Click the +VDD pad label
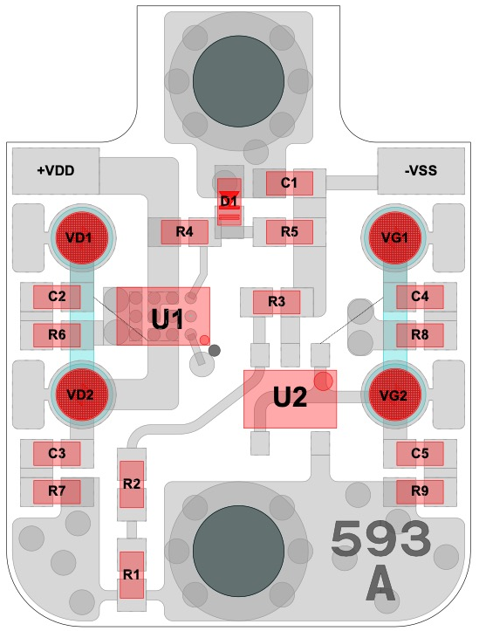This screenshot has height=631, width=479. click(56, 171)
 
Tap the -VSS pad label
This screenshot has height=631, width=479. click(421, 171)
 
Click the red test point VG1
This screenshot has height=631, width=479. click(394, 237)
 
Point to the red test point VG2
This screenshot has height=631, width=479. click(394, 395)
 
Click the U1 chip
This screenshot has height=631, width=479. click(163, 316)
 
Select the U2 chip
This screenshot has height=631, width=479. click(290, 399)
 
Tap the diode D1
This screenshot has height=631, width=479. click(229, 202)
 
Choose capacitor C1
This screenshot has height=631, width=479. click(290, 183)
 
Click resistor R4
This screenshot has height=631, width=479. click(185, 232)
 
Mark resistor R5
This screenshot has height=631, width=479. click(290, 232)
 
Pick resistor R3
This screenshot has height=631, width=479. click(277, 302)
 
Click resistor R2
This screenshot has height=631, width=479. click(132, 484)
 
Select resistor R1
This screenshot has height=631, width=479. click(132, 575)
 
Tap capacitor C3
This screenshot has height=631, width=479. click(57, 454)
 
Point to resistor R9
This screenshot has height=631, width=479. click(420, 491)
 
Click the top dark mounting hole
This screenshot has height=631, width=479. click(238, 81)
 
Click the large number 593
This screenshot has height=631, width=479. click(380, 539)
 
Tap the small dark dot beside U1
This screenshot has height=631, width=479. click(216, 351)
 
